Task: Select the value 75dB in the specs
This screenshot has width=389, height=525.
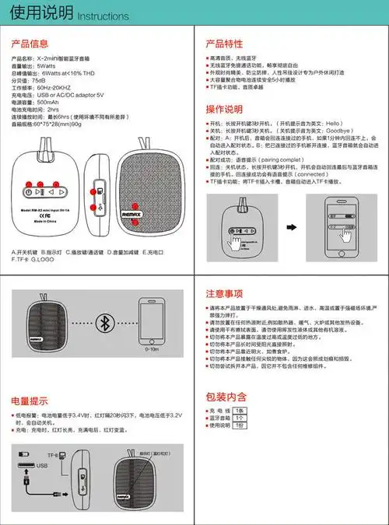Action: [x=38, y=80]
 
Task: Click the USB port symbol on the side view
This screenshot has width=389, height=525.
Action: [x=97, y=208]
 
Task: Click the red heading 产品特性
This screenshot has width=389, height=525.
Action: [x=224, y=44]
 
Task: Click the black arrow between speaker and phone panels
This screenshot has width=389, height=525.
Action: [x=292, y=227]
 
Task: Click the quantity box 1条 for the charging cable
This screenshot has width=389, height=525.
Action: [x=240, y=410]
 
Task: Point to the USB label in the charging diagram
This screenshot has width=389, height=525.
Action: [x=41, y=466]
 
